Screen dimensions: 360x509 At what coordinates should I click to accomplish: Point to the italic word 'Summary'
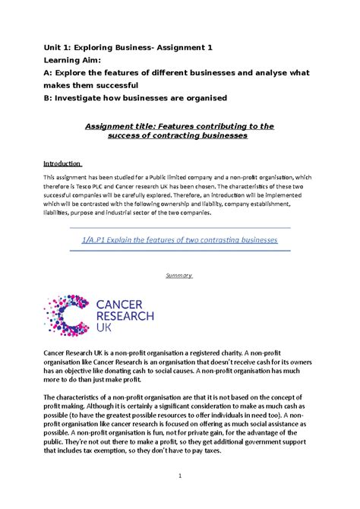[x=179, y=275]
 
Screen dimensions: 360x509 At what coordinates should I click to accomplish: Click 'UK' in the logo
[x=106, y=328]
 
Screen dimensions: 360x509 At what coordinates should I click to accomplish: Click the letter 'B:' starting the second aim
[x=49, y=98]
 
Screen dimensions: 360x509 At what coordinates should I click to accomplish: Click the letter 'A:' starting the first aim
[x=49, y=73]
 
